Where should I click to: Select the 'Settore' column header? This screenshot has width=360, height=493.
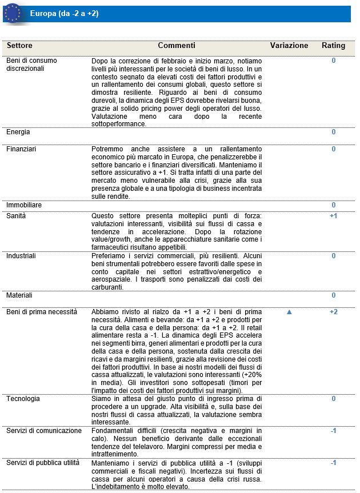pos(21,46)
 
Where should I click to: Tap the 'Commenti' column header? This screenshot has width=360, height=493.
pos(177,46)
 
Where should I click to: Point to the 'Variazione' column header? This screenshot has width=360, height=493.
pos(289,46)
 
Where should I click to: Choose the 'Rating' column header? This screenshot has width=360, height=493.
pos(333,46)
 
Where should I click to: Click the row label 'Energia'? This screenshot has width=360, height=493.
pos(18,132)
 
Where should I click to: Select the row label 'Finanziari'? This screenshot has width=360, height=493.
pos(21,149)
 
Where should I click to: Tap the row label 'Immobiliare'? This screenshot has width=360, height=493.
pos(24,205)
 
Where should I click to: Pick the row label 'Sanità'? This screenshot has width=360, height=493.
pos(16,216)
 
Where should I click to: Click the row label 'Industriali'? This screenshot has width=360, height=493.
pos(21,256)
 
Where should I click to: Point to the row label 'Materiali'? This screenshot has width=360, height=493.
pos(19,295)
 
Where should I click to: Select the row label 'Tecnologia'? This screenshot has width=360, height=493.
pos(22,399)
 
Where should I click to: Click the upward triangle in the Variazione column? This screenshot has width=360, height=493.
pos(289,312)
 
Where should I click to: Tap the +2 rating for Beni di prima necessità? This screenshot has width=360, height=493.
pos(334,312)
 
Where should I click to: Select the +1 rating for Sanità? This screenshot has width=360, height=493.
pos(334,216)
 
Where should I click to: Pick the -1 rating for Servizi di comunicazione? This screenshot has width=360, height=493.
pos(334,431)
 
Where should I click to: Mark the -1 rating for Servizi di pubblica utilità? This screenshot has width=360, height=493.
pos(334,463)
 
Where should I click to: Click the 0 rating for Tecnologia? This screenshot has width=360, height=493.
pos(334,399)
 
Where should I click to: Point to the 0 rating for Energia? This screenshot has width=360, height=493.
pos(334,132)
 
